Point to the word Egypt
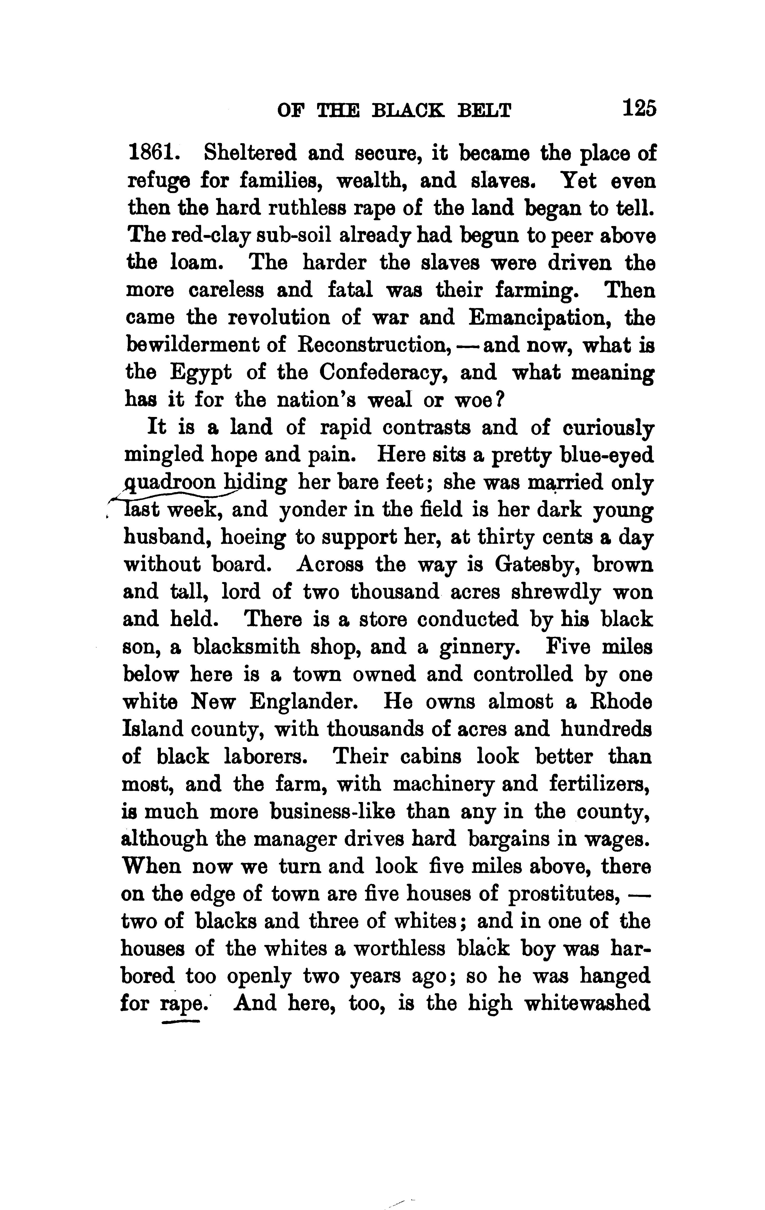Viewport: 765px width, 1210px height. click(x=201, y=373)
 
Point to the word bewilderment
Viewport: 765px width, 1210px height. click(x=205, y=345)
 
